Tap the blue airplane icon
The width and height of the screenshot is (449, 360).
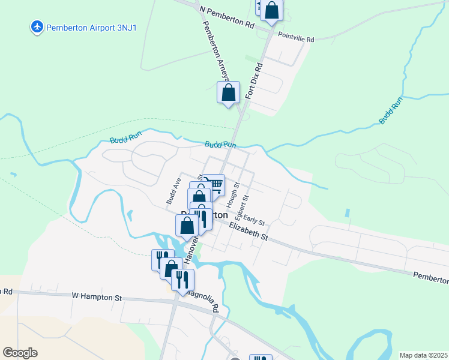[37, 27]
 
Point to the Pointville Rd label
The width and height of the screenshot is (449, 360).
[296, 37]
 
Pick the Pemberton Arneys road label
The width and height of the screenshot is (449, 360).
[215, 50]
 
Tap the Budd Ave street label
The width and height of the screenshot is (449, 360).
[173, 190]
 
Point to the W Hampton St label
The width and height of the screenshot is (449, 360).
[97, 296]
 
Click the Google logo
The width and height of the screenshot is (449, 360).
[20, 352]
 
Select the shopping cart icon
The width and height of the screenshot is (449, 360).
[214, 184]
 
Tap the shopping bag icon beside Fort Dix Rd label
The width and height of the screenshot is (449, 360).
[228, 93]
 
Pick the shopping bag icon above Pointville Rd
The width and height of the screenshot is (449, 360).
[272, 10]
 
